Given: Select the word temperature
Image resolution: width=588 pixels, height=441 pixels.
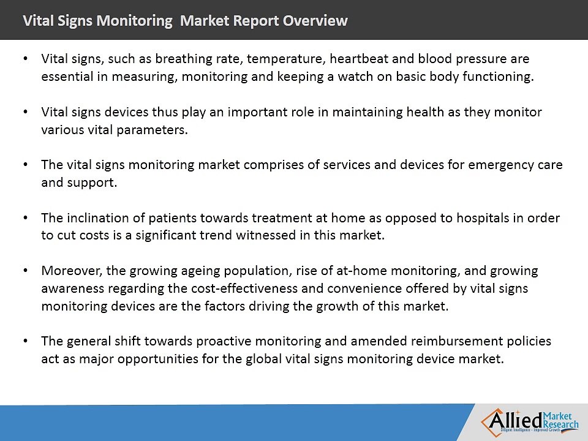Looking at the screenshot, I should tap(276, 59).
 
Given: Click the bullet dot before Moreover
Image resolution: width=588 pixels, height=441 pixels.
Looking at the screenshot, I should tap(25, 271).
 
